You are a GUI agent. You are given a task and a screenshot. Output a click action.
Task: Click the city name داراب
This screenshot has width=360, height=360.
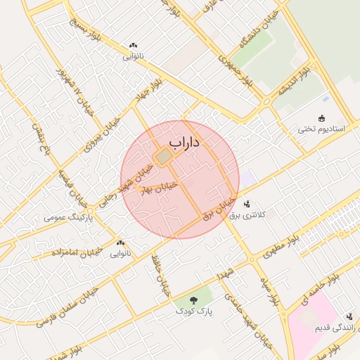tap(185, 143)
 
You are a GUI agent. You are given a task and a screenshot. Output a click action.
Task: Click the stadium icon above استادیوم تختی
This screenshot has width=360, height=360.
tap(322, 118)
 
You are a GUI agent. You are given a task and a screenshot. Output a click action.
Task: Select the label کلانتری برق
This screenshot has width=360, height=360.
tap(247, 215)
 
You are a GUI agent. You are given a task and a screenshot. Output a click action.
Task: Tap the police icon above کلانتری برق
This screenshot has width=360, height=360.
tap(247, 204)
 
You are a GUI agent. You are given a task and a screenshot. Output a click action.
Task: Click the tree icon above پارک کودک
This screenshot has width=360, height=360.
tap(194, 300)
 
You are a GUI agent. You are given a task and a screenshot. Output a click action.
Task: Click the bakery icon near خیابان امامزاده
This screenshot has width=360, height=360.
tap(120, 243)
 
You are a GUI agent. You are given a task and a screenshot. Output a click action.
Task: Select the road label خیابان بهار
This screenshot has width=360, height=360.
tap(160, 189)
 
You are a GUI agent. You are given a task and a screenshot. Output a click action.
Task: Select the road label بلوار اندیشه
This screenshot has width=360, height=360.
tap(294, 83)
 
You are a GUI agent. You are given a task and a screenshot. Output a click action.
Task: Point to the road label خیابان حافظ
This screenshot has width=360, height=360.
tap(161, 275)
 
